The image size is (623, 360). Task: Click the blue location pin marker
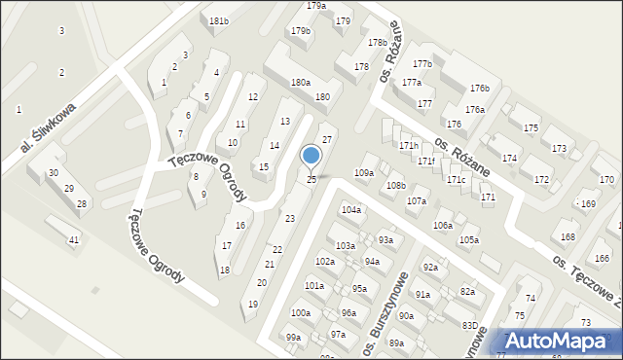click(x=311, y=156)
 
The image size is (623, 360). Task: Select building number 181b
click(x=219, y=21)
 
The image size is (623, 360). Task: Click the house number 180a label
click(x=300, y=83)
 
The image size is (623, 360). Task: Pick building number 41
click(x=74, y=239)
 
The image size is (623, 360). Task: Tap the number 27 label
click(x=328, y=140)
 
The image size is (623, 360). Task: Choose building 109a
click(x=364, y=172)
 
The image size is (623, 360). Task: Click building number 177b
click(x=421, y=64)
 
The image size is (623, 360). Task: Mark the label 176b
click(x=479, y=89)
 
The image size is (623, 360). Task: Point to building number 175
click(x=531, y=128)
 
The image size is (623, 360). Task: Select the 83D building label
click(x=470, y=325)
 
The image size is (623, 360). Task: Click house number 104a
click(x=351, y=210)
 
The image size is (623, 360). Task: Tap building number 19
click(x=253, y=305)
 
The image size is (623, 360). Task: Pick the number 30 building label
click(x=53, y=173)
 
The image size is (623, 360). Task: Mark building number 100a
click(x=300, y=313)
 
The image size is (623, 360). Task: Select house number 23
click(x=289, y=219)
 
